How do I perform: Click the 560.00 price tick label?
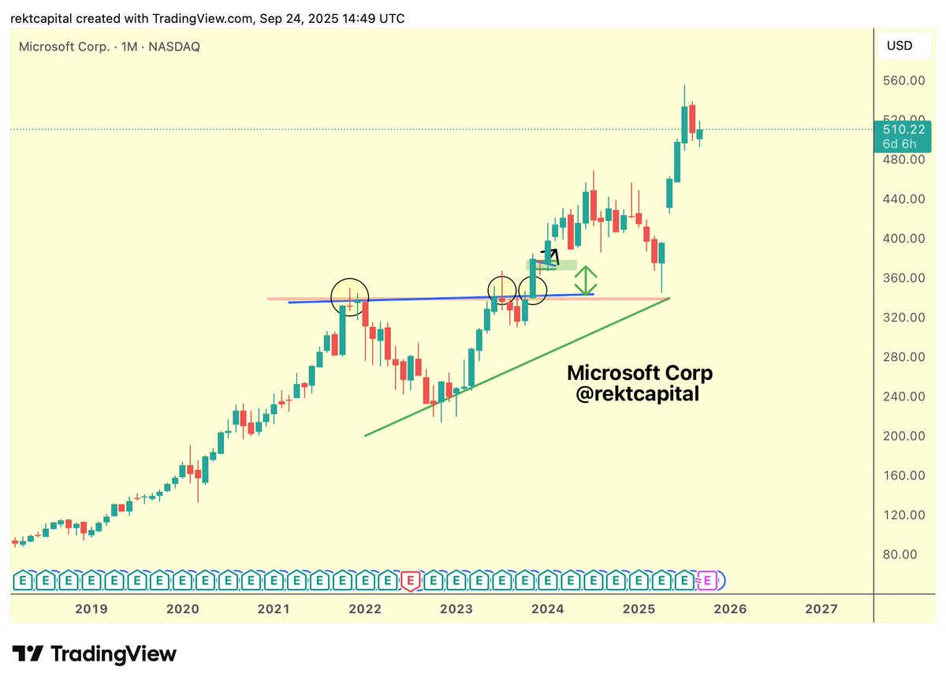coord(903,80)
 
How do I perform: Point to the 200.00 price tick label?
coord(903,436)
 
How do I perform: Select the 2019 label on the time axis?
coord(91,609)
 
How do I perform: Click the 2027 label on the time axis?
coord(821,609)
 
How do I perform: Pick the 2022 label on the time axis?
coord(365,609)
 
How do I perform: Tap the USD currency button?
coord(899,46)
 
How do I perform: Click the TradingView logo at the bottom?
coord(95,653)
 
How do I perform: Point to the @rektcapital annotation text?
coord(637,394)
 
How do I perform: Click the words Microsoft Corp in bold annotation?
coord(639,373)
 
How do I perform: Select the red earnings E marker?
coord(411,582)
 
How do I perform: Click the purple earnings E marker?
coord(707,582)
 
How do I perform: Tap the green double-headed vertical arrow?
coord(585,280)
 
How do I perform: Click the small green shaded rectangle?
coord(552,265)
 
